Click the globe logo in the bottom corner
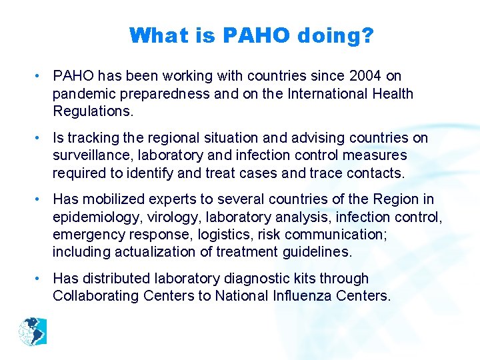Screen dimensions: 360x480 [x=33, y=332]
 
